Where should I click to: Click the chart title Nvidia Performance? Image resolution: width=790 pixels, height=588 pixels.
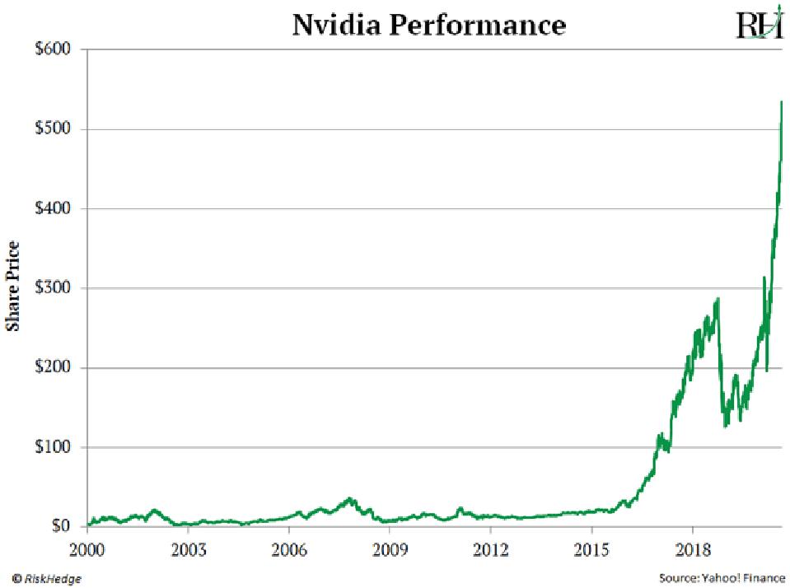[x=429, y=25]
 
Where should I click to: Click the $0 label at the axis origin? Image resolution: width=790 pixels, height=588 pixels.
[x=62, y=526]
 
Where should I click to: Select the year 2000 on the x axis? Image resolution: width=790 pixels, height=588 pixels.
[x=87, y=547]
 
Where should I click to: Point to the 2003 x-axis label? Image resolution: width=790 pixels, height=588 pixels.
[x=188, y=547]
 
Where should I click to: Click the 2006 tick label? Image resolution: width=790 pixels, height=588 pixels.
[x=289, y=547]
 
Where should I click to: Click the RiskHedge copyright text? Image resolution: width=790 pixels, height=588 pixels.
[x=47, y=579]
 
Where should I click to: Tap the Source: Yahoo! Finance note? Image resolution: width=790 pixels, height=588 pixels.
[x=722, y=579]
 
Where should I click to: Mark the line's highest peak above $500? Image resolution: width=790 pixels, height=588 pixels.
[x=781, y=101]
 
